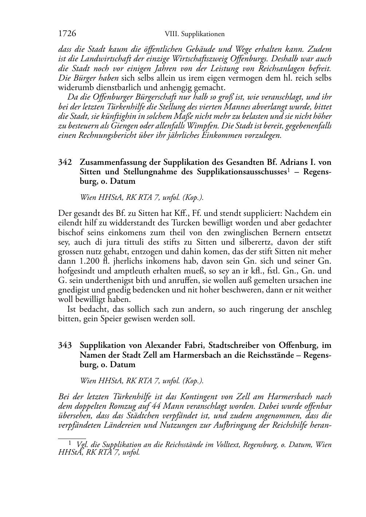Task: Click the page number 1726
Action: click(67, 34)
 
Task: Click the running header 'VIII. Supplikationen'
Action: click(194, 34)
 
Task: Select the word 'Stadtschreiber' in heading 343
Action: click(229, 345)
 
